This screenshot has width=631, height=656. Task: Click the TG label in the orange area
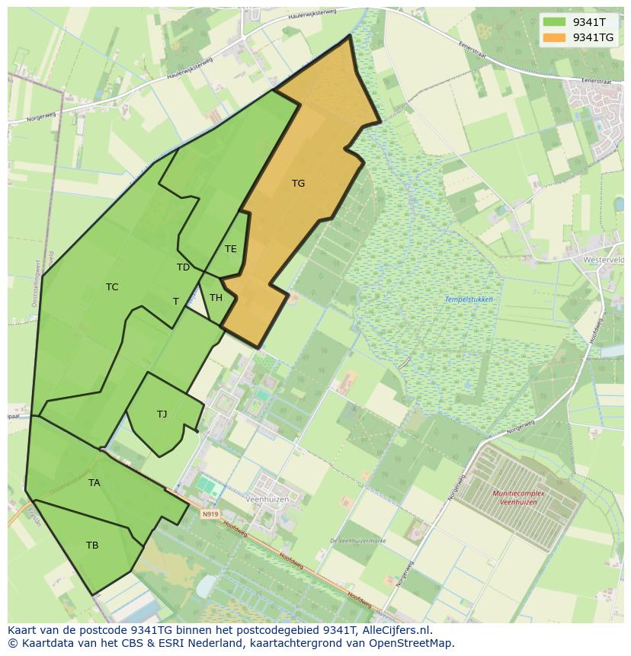click(x=298, y=184)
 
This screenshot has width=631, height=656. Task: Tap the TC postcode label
click(x=112, y=287)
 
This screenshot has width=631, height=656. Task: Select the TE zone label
click(x=231, y=249)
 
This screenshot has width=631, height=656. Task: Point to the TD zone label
click(x=183, y=267)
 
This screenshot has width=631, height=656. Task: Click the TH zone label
click(x=216, y=298)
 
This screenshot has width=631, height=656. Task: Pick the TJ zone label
click(x=162, y=414)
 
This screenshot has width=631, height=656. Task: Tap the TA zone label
click(x=94, y=483)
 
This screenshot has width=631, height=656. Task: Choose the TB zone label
click(x=92, y=546)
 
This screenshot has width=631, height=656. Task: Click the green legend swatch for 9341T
click(x=554, y=22)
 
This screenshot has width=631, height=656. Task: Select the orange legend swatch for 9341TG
click(x=554, y=37)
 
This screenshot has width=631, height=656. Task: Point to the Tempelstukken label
click(x=469, y=299)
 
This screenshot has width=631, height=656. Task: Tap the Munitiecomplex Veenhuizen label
click(x=514, y=498)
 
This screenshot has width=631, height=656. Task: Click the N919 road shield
click(x=210, y=514)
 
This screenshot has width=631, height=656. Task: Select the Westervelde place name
click(x=604, y=260)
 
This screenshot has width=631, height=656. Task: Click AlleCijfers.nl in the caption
click(x=394, y=631)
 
